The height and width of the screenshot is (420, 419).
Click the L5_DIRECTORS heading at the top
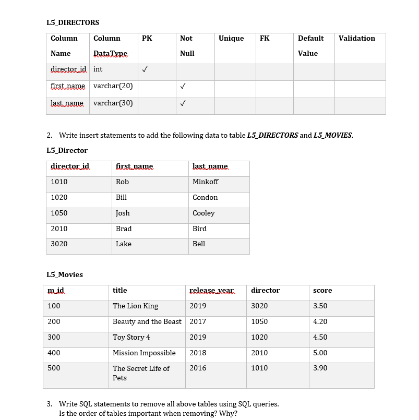pyautogui.click(x=73, y=22)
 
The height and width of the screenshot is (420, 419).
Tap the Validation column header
pyautogui.click(x=356, y=39)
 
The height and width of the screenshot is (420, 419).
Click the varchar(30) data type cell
pyautogui.click(x=113, y=103)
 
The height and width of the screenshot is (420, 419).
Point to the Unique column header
pyautogui.click(x=231, y=39)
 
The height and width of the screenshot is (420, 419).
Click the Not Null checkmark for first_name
pyautogui.click(x=183, y=86)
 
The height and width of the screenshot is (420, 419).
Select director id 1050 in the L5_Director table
pyautogui.click(x=59, y=213)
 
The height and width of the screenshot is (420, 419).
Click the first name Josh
pyautogui.click(x=123, y=213)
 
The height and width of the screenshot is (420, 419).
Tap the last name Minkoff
pyautogui.click(x=205, y=182)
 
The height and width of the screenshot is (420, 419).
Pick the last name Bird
pyautogui.click(x=199, y=229)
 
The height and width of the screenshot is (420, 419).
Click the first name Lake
pyautogui.click(x=124, y=244)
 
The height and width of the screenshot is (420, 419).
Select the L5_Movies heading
pyautogui.click(x=65, y=274)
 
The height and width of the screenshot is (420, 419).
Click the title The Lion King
pyautogui.click(x=135, y=306)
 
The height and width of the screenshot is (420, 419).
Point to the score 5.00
pyautogui.click(x=320, y=353)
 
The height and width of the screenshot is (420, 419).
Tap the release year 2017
pyautogui.click(x=198, y=322)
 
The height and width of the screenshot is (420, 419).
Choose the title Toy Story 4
pyautogui.click(x=131, y=338)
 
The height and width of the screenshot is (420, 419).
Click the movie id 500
pyautogui.click(x=54, y=368)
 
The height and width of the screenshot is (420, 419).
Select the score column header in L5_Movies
pyautogui.click(x=322, y=291)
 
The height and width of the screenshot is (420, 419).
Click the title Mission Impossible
pyautogui.click(x=144, y=353)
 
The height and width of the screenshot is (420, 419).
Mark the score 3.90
pyautogui.click(x=320, y=368)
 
